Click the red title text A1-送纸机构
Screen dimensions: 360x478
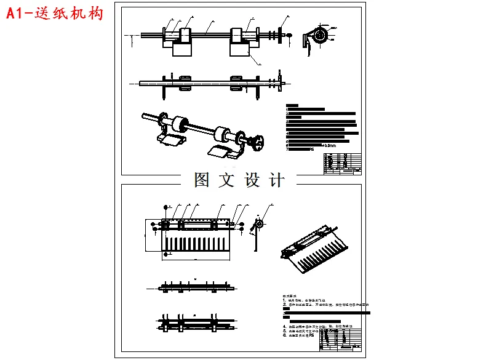coord(55,14)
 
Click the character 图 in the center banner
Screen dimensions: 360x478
coord(202,180)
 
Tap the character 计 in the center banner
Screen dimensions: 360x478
coord(277,180)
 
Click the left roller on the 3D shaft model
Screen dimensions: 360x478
coord(180,124)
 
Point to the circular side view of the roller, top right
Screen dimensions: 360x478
coord(318,35)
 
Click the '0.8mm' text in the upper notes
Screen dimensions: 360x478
coord(330,145)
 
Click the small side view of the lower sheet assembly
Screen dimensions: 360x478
coord(258,231)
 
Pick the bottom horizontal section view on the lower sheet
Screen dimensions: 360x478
coord(194,321)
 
